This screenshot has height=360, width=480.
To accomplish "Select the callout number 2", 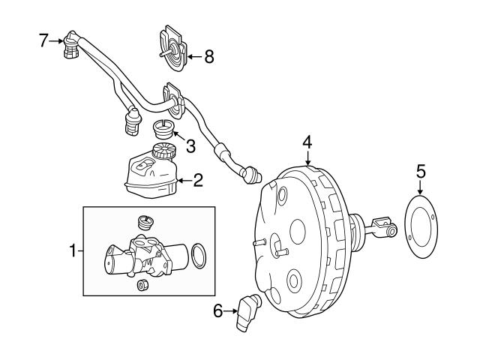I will pos(198,180).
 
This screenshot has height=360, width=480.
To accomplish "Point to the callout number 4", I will pos(307,141).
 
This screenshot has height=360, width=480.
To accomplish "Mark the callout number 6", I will pos(218,310).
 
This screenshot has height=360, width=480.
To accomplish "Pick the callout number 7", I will pos(43,39).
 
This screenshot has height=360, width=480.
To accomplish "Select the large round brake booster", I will pos(300,240).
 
